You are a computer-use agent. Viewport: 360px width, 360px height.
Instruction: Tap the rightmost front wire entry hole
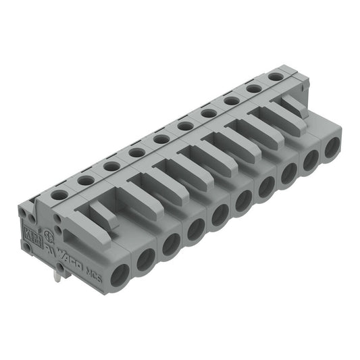pos(331,147)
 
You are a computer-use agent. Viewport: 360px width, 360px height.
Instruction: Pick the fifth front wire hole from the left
pos(220,215)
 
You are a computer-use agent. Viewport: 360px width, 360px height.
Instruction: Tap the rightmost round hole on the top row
pos(275,77)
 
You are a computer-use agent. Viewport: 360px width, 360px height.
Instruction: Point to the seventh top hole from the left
pos(209,113)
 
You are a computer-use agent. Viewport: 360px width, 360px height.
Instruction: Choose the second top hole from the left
pos(86,180)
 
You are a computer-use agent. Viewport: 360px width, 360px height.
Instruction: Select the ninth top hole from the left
pos(254,88)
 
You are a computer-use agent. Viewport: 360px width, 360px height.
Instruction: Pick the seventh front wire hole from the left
pos(265,186)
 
